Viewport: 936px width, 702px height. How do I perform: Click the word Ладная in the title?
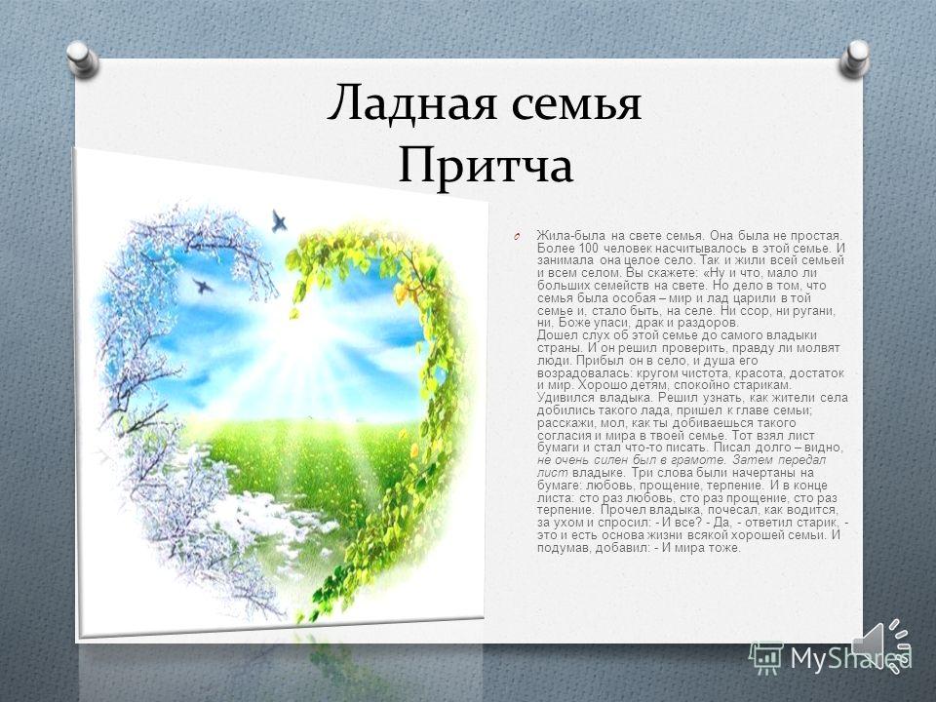411,102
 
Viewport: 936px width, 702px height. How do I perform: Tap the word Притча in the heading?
486,166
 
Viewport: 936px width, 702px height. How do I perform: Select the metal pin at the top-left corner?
82,59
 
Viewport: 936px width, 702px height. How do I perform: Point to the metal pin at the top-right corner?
854,58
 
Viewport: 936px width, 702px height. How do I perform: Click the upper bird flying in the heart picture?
278,221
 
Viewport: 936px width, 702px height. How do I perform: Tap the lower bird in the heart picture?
203,286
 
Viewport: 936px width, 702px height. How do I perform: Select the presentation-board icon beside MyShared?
766,658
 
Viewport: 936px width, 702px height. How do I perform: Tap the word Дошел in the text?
554,335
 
